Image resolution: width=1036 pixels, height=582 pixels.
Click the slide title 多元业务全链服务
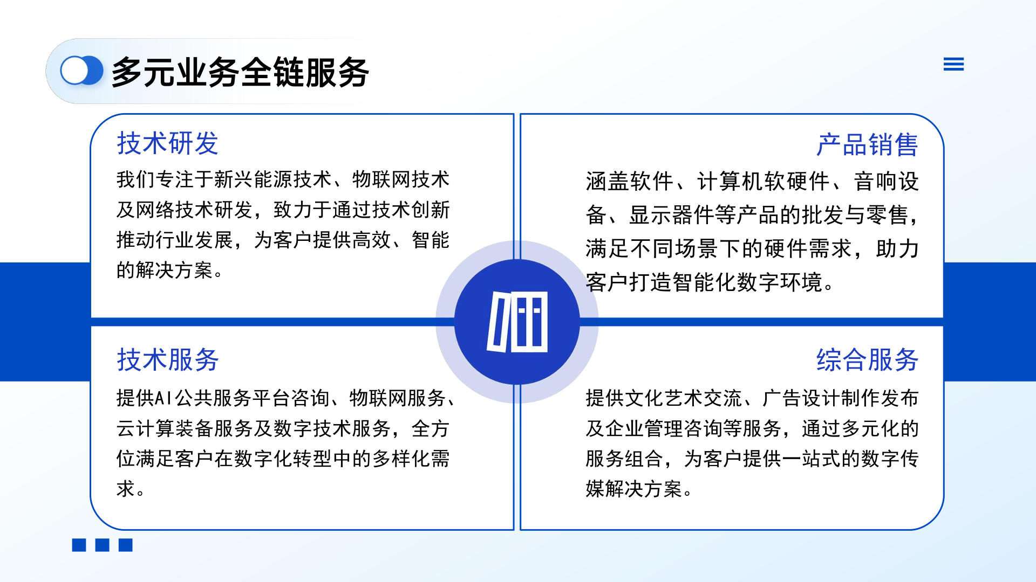point(240,72)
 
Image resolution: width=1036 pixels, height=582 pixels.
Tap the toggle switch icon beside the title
point(81,71)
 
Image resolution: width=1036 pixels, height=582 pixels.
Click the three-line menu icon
point(953,64)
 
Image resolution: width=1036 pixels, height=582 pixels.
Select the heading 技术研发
point(167,143)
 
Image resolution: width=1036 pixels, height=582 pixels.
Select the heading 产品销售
point(867,145)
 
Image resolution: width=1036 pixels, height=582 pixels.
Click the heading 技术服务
point(167,359)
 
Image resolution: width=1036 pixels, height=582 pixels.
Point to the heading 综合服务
point(867,359)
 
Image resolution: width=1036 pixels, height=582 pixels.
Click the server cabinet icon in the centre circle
point(517,322)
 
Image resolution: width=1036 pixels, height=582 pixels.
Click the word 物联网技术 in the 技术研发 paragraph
point(401,179)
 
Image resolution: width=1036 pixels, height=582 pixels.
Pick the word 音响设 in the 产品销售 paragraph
point(886,182)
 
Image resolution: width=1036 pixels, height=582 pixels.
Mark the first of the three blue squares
point(79,545)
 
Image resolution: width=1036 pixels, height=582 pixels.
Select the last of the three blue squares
point(126,545)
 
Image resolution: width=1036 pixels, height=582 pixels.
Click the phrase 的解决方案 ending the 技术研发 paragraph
point(165,270)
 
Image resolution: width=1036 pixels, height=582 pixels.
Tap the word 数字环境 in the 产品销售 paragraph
point(780,282)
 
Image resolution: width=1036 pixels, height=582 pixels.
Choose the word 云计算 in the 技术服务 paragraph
point(146,428)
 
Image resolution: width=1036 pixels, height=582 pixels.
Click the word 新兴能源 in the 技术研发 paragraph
point(254,179)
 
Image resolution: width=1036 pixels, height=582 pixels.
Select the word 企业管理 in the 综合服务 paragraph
point(644,428)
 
